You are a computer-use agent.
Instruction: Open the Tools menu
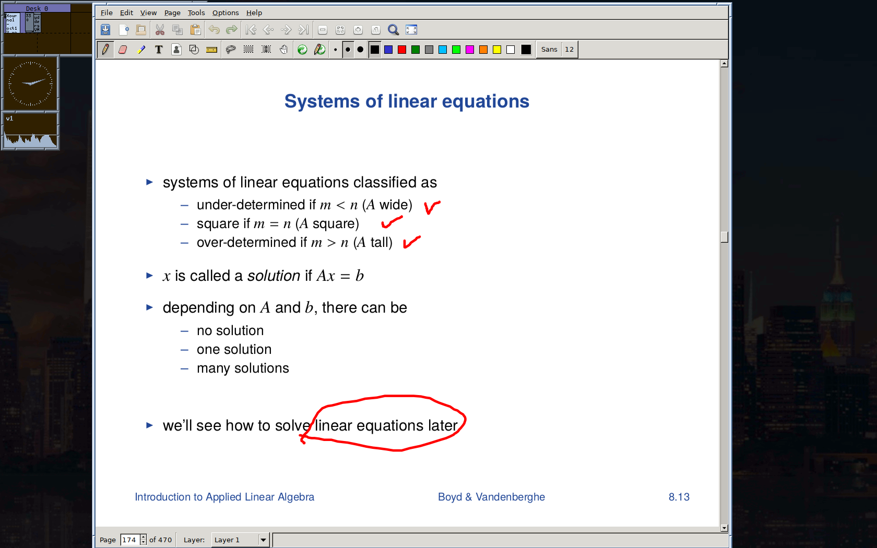(196, 13)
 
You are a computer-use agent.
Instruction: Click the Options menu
(226, 13)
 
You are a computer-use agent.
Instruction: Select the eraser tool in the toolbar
(123, 50)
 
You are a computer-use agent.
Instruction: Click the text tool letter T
(159, 50)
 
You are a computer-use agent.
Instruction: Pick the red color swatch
(402, 50)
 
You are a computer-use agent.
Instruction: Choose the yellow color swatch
(497, 50)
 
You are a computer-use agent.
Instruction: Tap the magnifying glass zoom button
(393, 30)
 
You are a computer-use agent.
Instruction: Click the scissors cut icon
(160, 30)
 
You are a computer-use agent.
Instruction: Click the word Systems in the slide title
(322, 101)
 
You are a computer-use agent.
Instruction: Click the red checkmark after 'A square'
(391, 222)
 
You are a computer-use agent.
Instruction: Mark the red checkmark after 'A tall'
(411, 242)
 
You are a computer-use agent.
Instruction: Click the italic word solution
(274, 276)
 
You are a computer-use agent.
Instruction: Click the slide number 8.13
(679, 497)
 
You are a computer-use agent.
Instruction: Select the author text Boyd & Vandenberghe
(491, 497)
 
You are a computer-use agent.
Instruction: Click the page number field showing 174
(129, 540)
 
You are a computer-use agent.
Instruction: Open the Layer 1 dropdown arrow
(263, 540)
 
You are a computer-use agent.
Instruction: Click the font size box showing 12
(569, 50)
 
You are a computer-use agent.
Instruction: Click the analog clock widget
(30, 83)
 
